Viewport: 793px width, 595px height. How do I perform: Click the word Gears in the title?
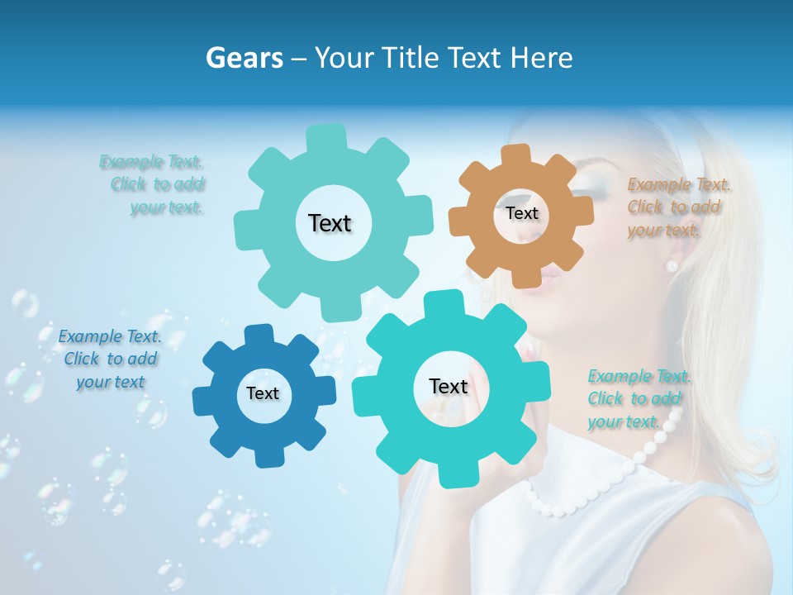(244, 58)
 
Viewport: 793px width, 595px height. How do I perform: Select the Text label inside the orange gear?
(521, 213)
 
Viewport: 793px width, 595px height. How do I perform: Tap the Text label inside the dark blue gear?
(263, 393)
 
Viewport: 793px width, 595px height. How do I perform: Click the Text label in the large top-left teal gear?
(330, 223)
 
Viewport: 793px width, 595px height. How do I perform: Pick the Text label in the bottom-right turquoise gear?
(449, 386)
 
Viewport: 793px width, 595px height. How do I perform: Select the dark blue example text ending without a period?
(110, 359)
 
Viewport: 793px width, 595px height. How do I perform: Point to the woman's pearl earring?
(672, 265)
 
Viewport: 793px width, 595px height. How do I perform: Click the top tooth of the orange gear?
(516, 155)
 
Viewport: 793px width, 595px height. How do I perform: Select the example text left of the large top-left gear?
(157, 184)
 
